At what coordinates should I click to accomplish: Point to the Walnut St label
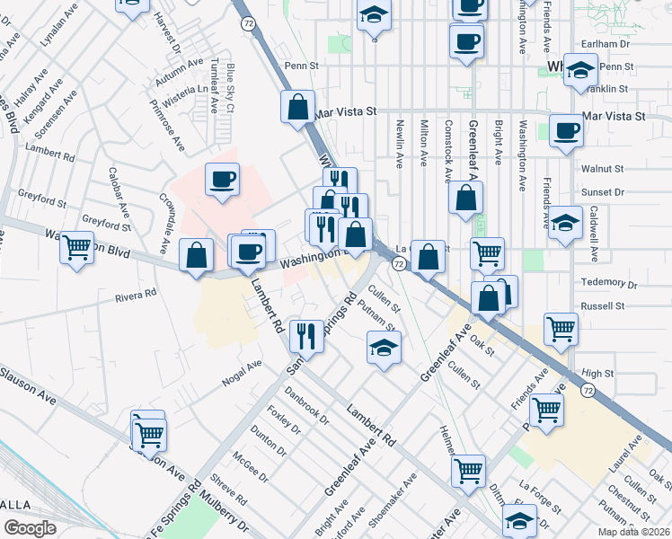pos(602,168)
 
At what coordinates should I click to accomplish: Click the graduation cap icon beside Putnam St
pos(384,348)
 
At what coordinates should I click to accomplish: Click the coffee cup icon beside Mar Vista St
pos(566,131)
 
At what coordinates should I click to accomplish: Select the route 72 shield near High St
pos(587,390)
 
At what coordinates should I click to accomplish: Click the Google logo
pos(30,528)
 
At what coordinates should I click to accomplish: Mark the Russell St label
pos(603,305)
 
